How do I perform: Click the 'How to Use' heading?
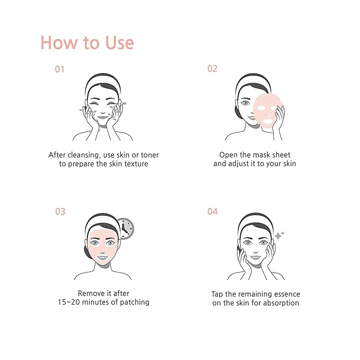click(87, 42)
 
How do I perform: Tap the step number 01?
click(60, 69)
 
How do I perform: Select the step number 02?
click(212, 69)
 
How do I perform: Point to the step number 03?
click(60, 212)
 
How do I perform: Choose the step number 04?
click(212, 212)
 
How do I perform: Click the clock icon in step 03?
click(125, 228)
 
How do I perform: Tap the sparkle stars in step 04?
click(279, 235)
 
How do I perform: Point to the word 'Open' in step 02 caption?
click(229, 155)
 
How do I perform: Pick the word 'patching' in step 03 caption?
click(134, 302)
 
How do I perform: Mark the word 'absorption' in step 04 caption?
click(281, 303)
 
